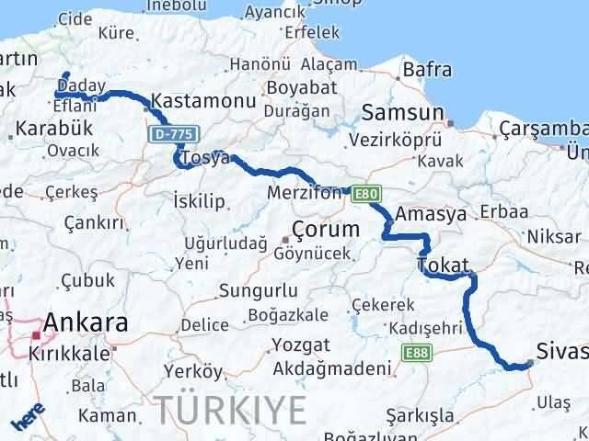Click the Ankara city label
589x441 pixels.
tap(85, 322)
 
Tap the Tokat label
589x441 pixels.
tap(444, 265)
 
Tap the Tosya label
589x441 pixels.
tap(205, 158)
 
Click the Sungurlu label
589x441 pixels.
tap(257, 291)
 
